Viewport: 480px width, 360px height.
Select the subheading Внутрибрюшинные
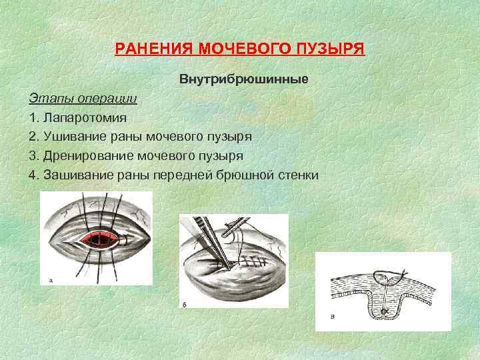[x=243, y=79]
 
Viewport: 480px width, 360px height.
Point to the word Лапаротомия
[x=84, y=117]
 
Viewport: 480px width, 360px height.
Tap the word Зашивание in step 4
[x=77, y=175]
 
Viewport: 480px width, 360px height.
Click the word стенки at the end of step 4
[x=297, y=175]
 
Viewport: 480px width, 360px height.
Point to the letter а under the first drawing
[x=51, y=281]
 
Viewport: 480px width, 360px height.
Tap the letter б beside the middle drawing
[x=185, y=305]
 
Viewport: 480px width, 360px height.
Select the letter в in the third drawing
[x=333, y=317]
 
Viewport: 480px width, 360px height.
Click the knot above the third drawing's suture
[x=403, y=272]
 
